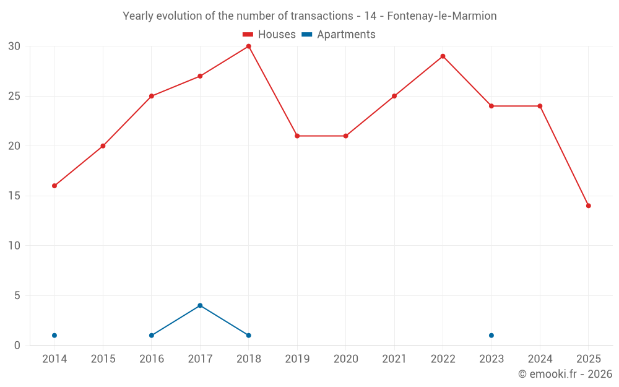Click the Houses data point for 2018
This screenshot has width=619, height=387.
(x=248, y=46)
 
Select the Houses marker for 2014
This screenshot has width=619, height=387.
(x=54, y=186)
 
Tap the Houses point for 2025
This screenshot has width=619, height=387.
(x=588, y=206)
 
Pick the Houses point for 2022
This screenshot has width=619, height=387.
(x=443, y=56)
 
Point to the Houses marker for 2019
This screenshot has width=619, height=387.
(x=297, y=136)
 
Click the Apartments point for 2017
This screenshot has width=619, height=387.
(x=200, y=305)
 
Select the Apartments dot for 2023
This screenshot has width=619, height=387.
(x=491, y=336)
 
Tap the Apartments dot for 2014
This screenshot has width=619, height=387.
(x=54, y=336)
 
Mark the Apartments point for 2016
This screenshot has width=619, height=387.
(x=152, y=336)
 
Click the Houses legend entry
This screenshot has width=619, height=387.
(x=269, y=35)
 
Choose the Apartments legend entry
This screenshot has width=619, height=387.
(x=339, y=35)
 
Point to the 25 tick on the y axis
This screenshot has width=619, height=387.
(x=14, y=96)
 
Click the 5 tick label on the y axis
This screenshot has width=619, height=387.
(x=17, y=295)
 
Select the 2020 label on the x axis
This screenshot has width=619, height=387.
(x=345, y=359)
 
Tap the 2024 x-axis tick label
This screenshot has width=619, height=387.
(x=540, y=359)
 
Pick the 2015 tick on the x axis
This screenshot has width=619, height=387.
(x=103, y=359)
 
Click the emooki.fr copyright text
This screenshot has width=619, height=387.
(x=565, y=374)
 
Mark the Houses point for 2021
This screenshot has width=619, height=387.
(x=394, y=96)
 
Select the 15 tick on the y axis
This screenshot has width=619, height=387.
(x=14, y=196)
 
